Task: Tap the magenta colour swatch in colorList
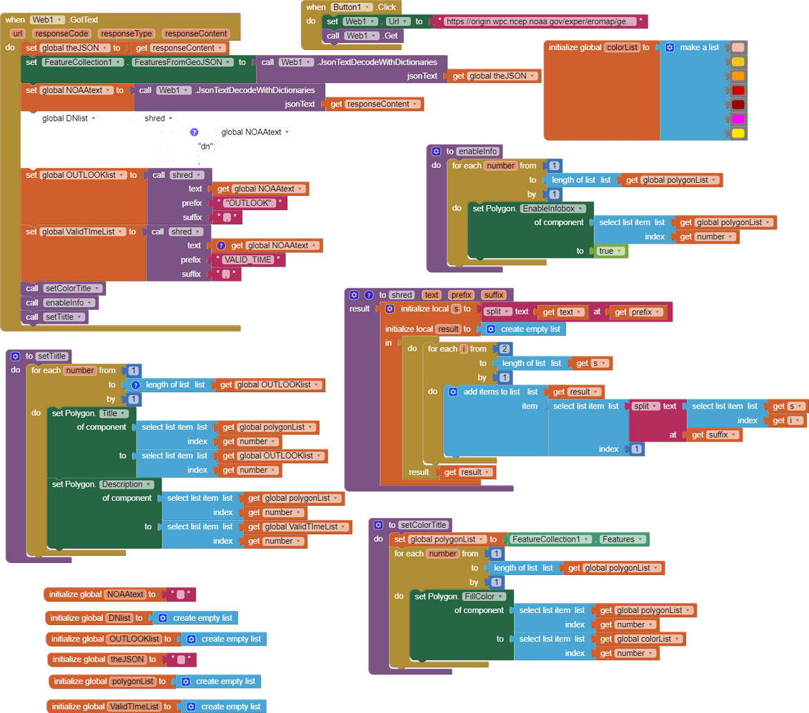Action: point(738,119)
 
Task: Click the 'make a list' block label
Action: point(699,47)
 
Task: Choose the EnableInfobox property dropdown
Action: point(553,209)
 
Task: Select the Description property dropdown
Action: point(126,484)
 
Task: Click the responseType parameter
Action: point(126,34)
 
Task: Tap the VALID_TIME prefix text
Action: point(248,260)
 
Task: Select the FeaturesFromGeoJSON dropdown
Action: point(184,62)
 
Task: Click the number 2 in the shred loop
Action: point(505,349)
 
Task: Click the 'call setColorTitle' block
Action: point(64,289)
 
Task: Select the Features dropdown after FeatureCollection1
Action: point(622,539)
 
